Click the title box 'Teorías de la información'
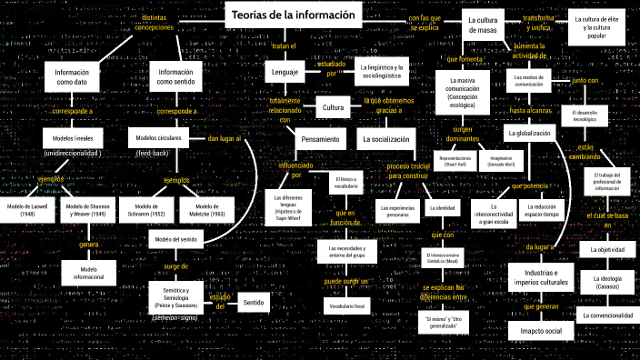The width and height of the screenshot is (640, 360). pos(294,15)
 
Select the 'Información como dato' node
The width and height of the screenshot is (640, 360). pos(71,76)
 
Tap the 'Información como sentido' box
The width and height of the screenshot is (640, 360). pos(176,76)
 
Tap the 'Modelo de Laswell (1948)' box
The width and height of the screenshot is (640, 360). pos(26,211)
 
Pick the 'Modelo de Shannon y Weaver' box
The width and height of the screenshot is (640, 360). pos(87,211)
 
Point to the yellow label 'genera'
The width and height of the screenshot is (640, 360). pos(88,245)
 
